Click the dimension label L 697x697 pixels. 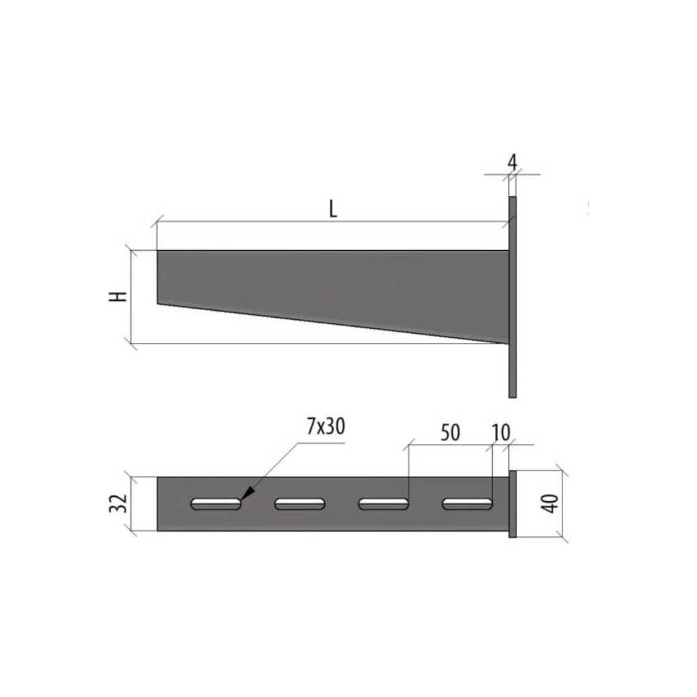333,209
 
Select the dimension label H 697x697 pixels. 118,296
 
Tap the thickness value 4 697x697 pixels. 512,162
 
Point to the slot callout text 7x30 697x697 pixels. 325,427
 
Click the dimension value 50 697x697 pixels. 450,433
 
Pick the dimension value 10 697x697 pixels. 501,433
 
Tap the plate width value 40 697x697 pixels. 551,504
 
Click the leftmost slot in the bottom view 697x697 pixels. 216,504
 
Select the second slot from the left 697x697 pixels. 300,504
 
